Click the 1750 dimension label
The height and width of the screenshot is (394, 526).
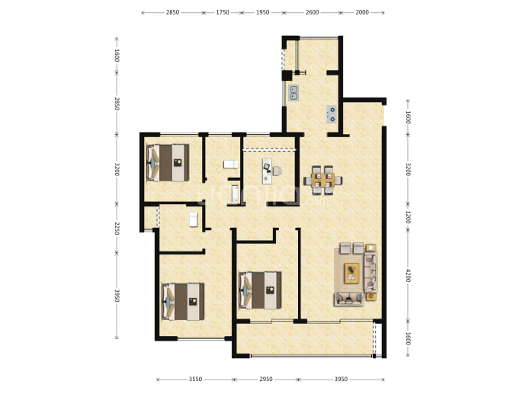click(x=223, y=12)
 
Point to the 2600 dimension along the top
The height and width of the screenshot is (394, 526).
click(x=313, y=12)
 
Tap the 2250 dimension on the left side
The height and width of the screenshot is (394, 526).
click(x=117, y=229)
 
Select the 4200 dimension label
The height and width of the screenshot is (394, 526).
click(x=408, y=275)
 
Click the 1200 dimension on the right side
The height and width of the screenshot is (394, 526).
click(x=408, y=217)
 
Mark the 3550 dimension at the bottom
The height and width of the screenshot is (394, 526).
click(x=195, y=380)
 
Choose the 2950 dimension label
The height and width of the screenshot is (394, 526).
click(x=266, y=380)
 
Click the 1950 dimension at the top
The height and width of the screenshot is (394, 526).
click(x=263, y=12)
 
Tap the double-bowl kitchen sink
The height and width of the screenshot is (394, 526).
click(x=293, y=93)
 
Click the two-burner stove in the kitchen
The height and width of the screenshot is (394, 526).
click(x=332, y=114)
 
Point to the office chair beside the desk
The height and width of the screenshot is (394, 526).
click(x=277, y=171)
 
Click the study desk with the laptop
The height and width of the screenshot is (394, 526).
click(x=268, y=171)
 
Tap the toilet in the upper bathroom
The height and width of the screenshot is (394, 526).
click(x=231, y=165)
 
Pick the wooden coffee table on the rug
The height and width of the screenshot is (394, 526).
click(x=352, y=273)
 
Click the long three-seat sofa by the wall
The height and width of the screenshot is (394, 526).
click(x=370, y=272)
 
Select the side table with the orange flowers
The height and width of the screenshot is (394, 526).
click(x=370, y=296)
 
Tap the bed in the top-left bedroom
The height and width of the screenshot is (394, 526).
click(x=168, y=163)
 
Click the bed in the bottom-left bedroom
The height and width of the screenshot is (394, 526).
click(x=183, y=302)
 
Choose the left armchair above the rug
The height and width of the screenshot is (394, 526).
click(x=345, y=248)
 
